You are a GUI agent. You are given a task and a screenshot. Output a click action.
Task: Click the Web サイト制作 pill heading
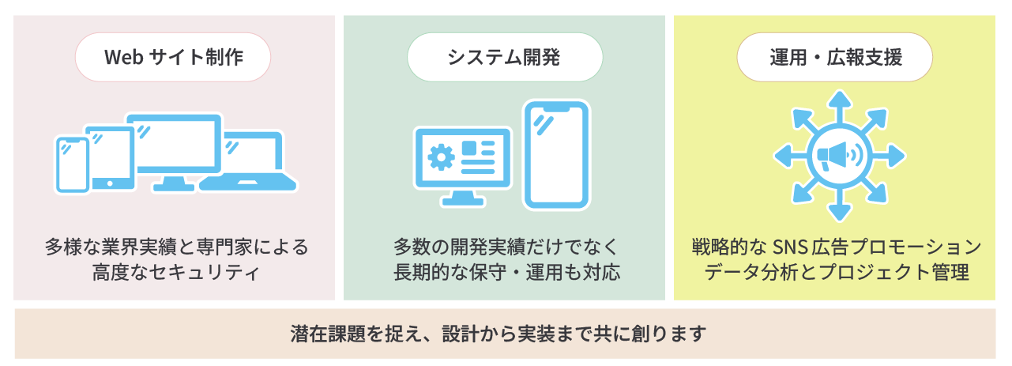pyautogui.click(x=173, y=58)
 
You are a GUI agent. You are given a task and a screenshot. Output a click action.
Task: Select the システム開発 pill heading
pyautogui.click(x=504, y=58)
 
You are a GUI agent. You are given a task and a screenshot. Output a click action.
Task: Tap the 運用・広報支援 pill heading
pyautogui.click(x=835, y=58)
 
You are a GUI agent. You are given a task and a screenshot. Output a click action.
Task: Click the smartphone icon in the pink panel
pyautogui.click(x=73, y=164)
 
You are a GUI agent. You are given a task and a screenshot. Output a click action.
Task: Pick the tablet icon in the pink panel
pyautogui.click(x=110, y=157)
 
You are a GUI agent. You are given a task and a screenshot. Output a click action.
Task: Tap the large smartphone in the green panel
pyautogui.click(x=556, y=154)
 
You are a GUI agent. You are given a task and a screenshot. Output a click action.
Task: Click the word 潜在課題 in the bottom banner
pyautogui.click(x=323, y=332)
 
